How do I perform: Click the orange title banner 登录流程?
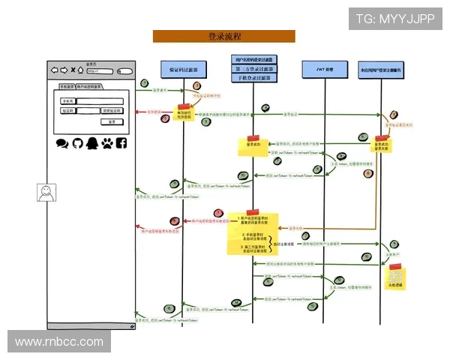click(223, 36)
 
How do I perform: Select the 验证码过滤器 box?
click(183, 68)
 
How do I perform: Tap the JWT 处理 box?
click(323, 68)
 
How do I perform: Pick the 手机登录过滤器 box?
click(254, 78)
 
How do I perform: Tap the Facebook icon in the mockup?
click(121, 142)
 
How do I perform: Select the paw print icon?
click(106, 142)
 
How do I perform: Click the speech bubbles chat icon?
click(62, 142)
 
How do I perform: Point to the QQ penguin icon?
click(91, 142)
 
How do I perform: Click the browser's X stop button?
click(73, 70)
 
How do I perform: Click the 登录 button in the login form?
click(111, 121)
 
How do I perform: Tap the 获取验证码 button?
click(111, 110)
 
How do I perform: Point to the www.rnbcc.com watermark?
click(59, 342)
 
